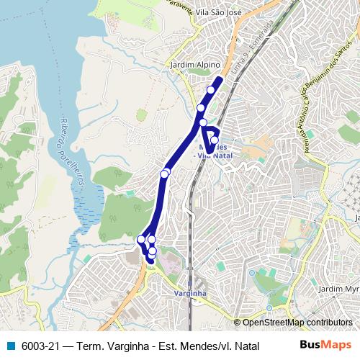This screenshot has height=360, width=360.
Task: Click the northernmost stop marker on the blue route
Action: click(x=211, y=90)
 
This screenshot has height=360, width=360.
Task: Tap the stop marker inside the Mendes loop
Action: click(x=214, y=140)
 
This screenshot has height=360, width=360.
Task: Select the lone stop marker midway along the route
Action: click(x=165, y=174)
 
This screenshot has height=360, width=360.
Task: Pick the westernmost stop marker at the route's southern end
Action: click(x=141, y=239)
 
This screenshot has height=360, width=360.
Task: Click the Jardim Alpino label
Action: click(x=194, y=65)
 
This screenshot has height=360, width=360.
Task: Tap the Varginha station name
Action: click(x=191, y=293)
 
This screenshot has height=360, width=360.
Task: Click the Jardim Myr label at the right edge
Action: click(x=338, y=289)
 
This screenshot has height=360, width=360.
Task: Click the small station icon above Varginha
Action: click(x=190, y=283)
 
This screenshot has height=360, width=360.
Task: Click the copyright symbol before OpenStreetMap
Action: click(x=238, y=323)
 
